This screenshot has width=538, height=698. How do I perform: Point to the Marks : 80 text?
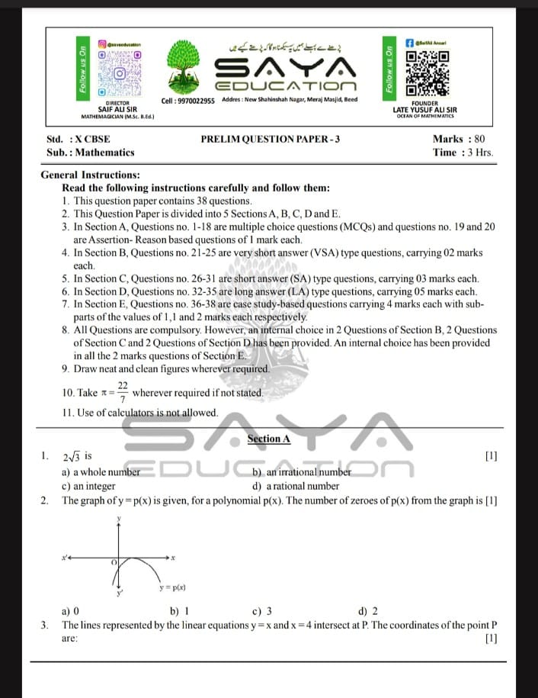[458, 139]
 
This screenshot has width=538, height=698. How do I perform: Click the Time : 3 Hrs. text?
[463, 152]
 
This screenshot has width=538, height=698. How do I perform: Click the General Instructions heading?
[90, 175]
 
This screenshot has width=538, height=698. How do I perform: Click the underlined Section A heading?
[269, 439]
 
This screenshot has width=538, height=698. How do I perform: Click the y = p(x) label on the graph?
[173, 587]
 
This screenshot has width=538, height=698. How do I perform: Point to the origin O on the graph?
[114, 561]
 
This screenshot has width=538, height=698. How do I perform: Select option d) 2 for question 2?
[367, 610]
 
